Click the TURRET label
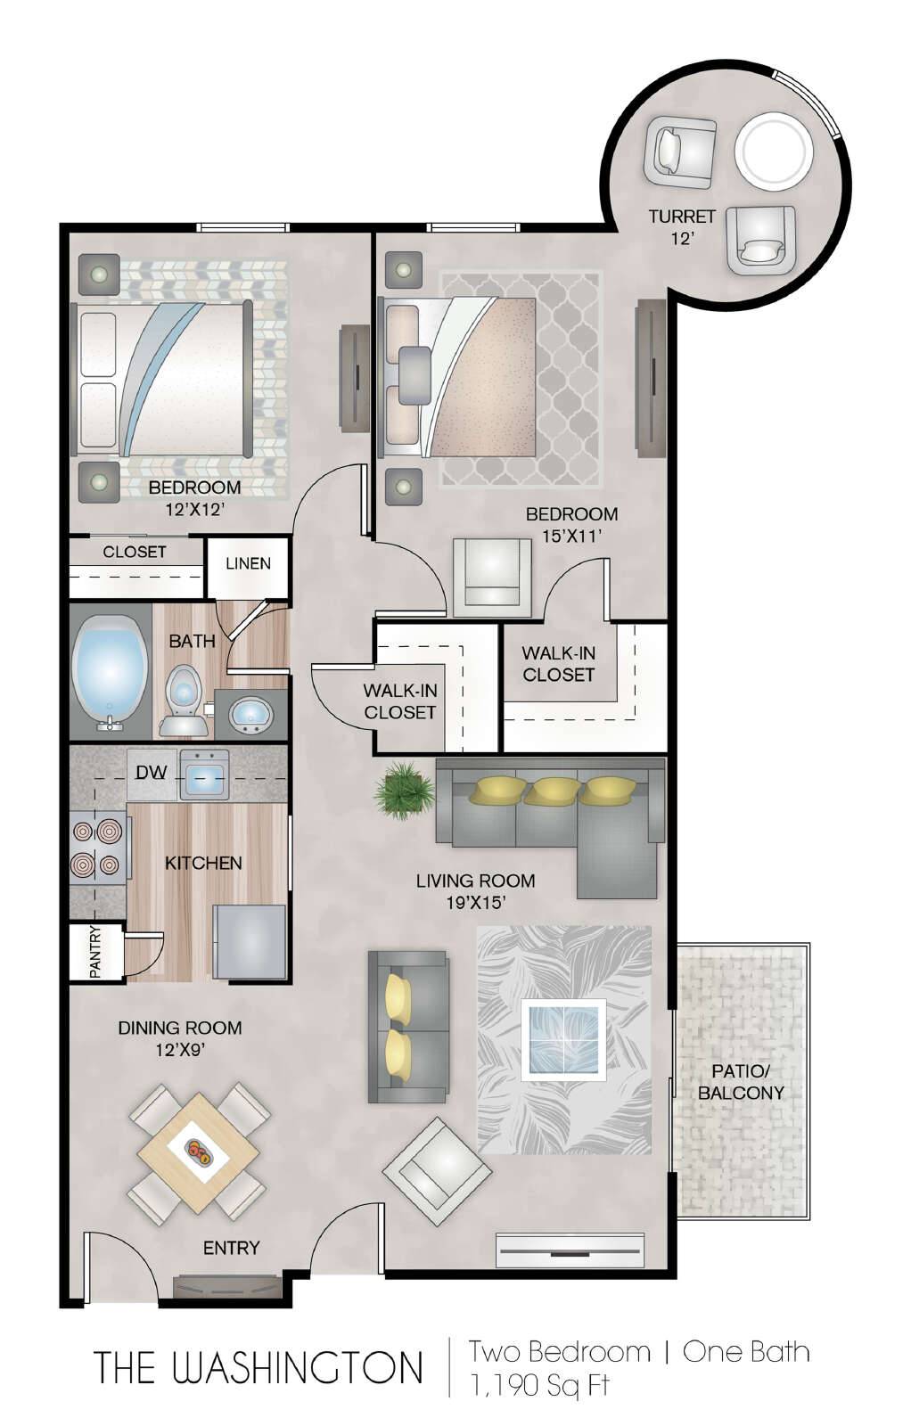(x=682, y=217)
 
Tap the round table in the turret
(x=774, y=151)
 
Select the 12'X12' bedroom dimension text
(x=195, y=509)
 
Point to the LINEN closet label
(x=249, y=563)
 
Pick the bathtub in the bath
(x=110, y=672)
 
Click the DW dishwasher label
(x=151, y=772)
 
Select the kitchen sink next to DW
(x=205, y=774)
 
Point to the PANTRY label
(x=95, y=952)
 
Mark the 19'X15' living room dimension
(x=475, y=903)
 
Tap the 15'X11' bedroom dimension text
(x=571, y=536)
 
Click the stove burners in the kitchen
(x=97, y=848)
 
